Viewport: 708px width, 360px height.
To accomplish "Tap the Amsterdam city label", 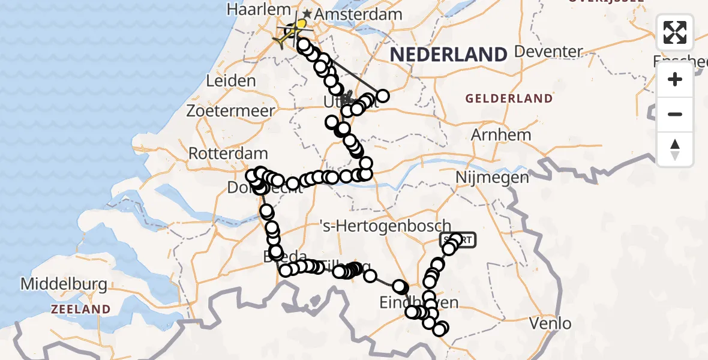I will [352, 14].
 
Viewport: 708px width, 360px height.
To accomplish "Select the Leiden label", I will [230, 81].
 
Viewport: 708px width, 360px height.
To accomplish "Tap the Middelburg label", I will [65, 283].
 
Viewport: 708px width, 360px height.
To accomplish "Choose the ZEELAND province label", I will [80, 310].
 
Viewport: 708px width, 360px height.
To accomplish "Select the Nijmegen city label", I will [493, 178].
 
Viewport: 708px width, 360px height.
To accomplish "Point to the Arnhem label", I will [501, 135].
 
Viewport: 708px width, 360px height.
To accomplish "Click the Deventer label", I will [549, 52].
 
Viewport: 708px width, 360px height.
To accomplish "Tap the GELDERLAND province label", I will [509, 98].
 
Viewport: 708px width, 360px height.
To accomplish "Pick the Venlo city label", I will [551, 324].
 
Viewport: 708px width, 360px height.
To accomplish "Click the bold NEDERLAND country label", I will [449, 55].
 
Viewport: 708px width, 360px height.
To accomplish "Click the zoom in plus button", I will [675, 79].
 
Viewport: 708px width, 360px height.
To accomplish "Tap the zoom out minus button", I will [675, 114].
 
